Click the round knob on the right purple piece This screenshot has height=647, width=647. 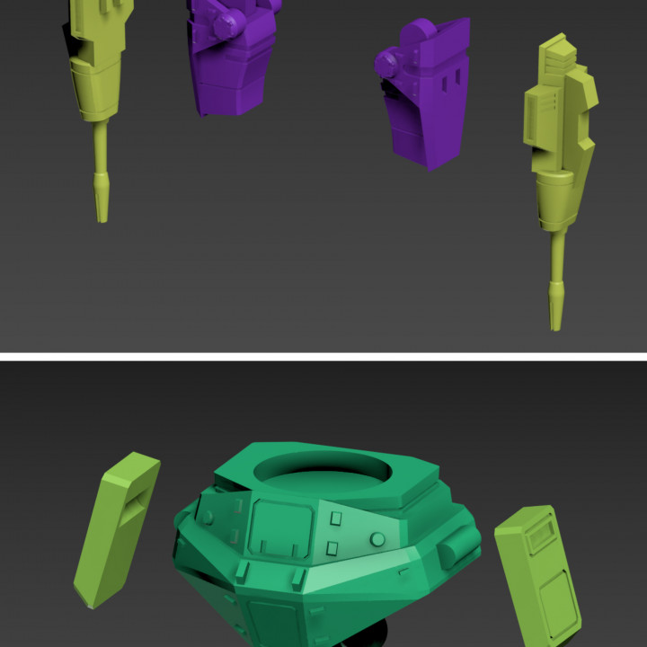388,62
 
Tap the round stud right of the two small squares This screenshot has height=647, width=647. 377,539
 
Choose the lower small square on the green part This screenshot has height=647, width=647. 332,547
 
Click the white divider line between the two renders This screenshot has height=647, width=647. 323,357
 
